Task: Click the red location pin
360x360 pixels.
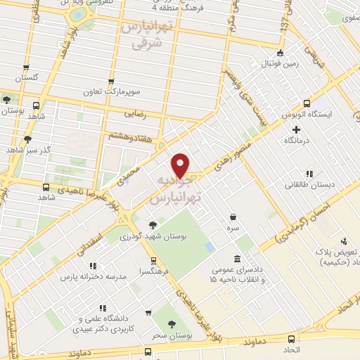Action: (181, 165)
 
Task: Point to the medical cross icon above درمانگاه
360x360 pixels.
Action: (296, 129)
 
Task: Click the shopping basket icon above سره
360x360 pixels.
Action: (233, 217)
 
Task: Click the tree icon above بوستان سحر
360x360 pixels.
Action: (172, 324)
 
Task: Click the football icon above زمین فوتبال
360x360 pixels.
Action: (281, 53)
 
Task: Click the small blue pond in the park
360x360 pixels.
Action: (210, 247)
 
